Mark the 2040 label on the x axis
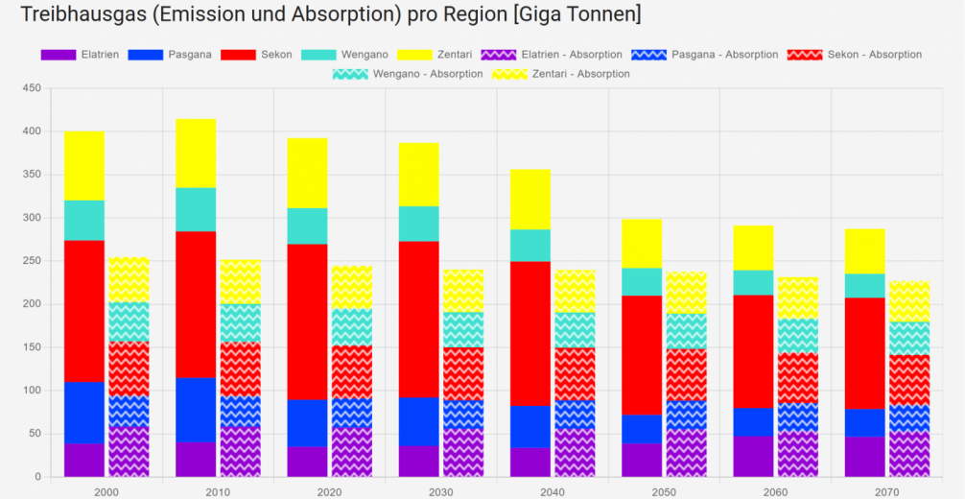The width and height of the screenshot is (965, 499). (553, 491)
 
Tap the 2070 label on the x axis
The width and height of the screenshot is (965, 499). (886, 491)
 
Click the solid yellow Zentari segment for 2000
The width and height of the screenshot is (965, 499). (84, 166)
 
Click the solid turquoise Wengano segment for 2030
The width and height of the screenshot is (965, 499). (418, 224)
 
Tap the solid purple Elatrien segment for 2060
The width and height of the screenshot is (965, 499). (753, 457)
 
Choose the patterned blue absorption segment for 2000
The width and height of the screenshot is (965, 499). (129, 411)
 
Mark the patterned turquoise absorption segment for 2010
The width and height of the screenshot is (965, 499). (240, 323)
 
